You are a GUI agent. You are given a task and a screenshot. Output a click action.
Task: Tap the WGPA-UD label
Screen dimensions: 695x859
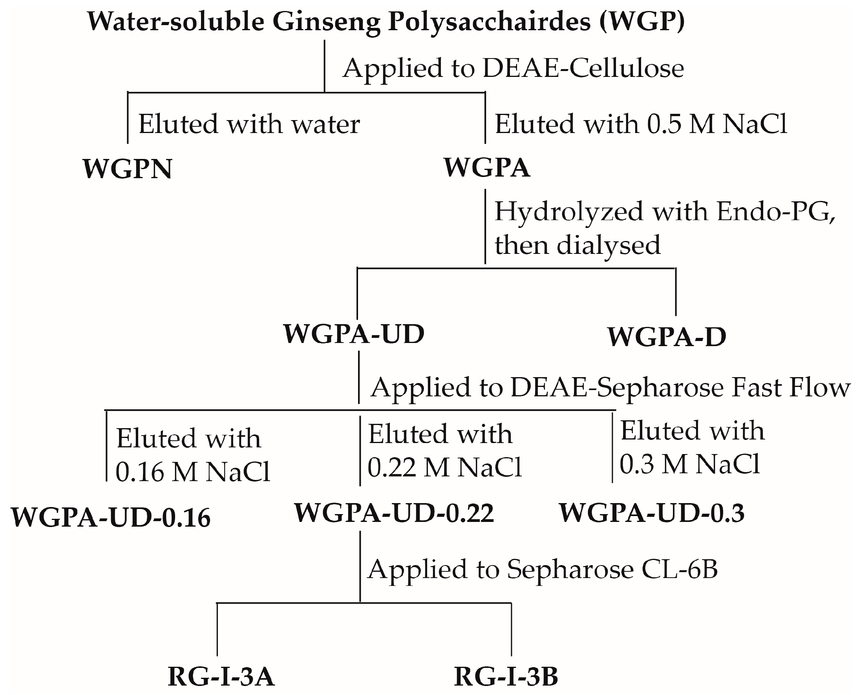pyautogui.click(x=354, y=334)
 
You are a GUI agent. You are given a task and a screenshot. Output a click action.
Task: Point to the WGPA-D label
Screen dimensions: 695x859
pyautogui.click(x=667, y=337)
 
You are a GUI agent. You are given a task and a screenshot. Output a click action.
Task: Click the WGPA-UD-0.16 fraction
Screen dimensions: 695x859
pyautogui.click(x=111, y=518)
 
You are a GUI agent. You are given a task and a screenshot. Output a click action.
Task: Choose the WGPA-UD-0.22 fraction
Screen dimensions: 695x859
pyautogui.click(x=394, y=513)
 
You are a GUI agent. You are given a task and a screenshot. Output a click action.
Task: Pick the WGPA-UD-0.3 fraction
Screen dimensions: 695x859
pyautogui.click(x=652, y=513)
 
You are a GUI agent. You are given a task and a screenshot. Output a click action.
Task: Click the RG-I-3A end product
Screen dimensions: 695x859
pyautogui.click(x=221, y=677)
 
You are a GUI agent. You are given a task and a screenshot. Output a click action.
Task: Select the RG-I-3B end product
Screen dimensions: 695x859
pyautogui.click(x=506, y=677)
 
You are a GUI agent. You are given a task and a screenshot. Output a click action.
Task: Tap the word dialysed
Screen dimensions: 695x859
pyautogui.click(x=608, y=245)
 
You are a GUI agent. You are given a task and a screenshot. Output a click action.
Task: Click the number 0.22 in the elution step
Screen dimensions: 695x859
pyautogui.click(x=392, y=467)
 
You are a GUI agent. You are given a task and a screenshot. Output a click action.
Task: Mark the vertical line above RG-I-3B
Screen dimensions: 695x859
pyautogui.click(x=512, y=629)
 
